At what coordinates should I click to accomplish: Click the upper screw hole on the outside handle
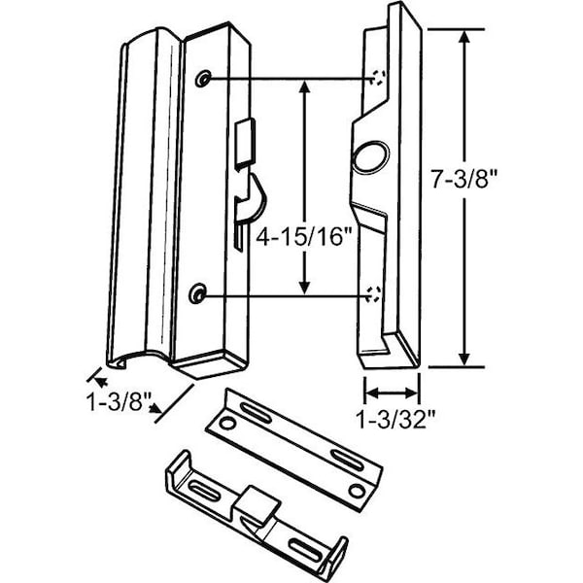[202, 78]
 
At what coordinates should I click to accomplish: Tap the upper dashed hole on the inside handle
[378, 78]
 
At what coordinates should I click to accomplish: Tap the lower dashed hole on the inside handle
[377, 291]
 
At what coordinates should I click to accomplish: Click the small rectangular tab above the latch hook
[244, 136]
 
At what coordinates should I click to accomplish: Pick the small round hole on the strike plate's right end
[358, 489]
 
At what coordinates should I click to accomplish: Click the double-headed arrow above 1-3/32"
[392, 394]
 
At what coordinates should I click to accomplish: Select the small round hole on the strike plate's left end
[223, 423]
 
